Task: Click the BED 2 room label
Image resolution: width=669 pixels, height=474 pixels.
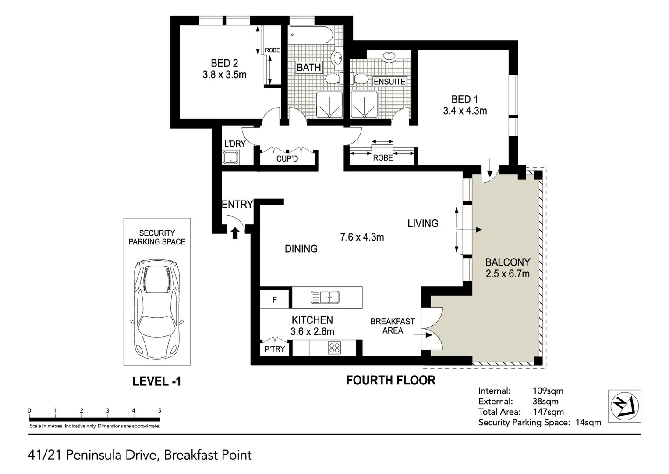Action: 224,63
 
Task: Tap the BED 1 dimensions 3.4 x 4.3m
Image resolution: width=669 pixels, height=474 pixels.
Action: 465,111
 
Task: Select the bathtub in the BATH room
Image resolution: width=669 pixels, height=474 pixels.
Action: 311,36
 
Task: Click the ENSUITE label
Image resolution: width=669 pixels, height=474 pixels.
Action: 389,82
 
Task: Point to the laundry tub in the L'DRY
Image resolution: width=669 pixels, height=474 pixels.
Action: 230,157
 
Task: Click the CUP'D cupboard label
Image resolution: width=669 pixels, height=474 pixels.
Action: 287,159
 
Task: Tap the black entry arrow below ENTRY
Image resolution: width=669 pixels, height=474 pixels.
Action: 235,233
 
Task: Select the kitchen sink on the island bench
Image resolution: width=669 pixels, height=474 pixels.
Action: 325,297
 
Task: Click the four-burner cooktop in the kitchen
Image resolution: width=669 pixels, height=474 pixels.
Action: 334,348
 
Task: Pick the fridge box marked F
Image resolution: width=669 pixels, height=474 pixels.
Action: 275,300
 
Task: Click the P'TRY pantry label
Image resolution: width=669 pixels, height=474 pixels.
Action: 275,349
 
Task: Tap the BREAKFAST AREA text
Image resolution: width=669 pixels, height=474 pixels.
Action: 392,326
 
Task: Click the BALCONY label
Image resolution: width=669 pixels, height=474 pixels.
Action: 507,262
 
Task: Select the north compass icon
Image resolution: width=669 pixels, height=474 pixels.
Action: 625,406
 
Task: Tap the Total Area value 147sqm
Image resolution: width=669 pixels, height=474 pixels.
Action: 548,412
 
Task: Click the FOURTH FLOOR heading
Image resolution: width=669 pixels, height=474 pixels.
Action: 391,380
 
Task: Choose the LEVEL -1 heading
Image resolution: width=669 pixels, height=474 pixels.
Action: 156,381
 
